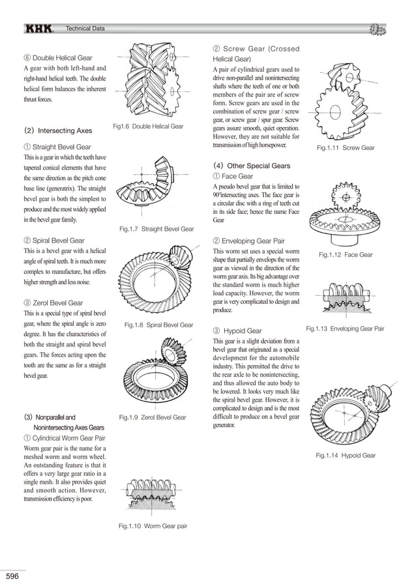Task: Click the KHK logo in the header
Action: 42,29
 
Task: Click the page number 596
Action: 13,576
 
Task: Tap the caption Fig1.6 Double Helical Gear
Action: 148,126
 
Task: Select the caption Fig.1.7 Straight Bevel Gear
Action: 156,229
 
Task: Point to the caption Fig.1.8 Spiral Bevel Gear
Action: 158,325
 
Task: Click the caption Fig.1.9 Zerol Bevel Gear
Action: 153,417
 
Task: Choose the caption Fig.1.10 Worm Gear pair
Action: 153,526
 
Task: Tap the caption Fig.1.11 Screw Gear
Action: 346,148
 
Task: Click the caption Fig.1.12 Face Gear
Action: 346,255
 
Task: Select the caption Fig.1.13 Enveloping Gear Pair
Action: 345,329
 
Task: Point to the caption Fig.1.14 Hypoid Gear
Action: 346,455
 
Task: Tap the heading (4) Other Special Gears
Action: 252,166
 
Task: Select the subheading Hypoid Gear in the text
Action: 242,331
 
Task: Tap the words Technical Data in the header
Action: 85,29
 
